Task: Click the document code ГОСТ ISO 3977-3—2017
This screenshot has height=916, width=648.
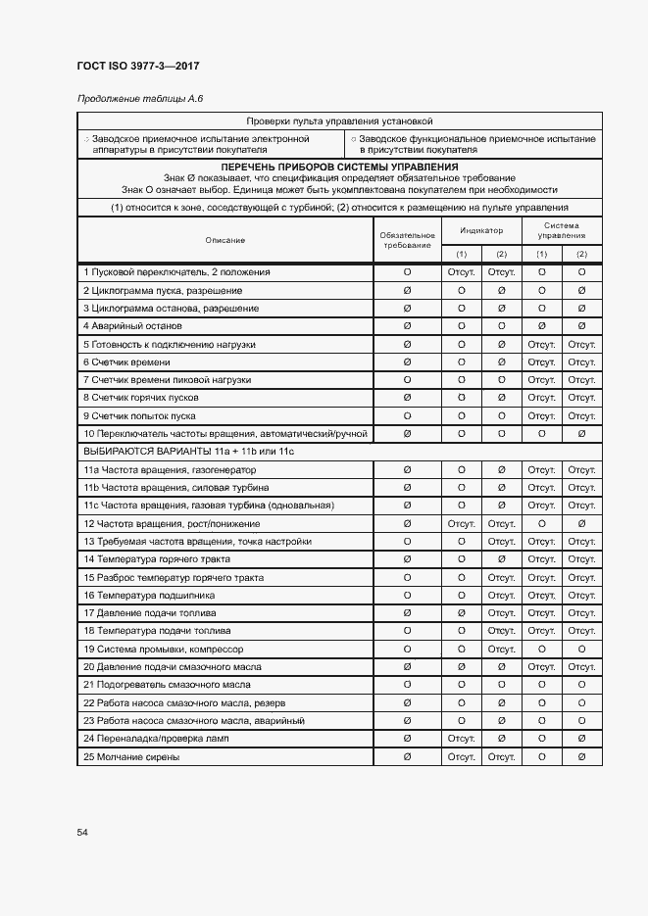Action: coord(137,67)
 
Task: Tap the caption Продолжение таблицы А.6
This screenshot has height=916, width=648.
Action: coord(139,99)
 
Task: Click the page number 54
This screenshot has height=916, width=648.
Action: coord(82,832)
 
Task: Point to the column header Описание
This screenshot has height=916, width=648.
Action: coord(224,240)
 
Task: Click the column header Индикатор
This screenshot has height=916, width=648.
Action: coord(481,230)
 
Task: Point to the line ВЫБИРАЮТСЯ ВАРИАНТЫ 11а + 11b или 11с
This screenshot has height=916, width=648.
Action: coord(189,452)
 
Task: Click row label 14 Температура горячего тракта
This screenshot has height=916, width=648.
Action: coord(157,559)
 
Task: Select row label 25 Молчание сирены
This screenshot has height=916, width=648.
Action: coord(132,757)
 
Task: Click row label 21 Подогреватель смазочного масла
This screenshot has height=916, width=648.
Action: coord(162,685)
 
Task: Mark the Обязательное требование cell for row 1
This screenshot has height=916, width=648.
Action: coord(407,272)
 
